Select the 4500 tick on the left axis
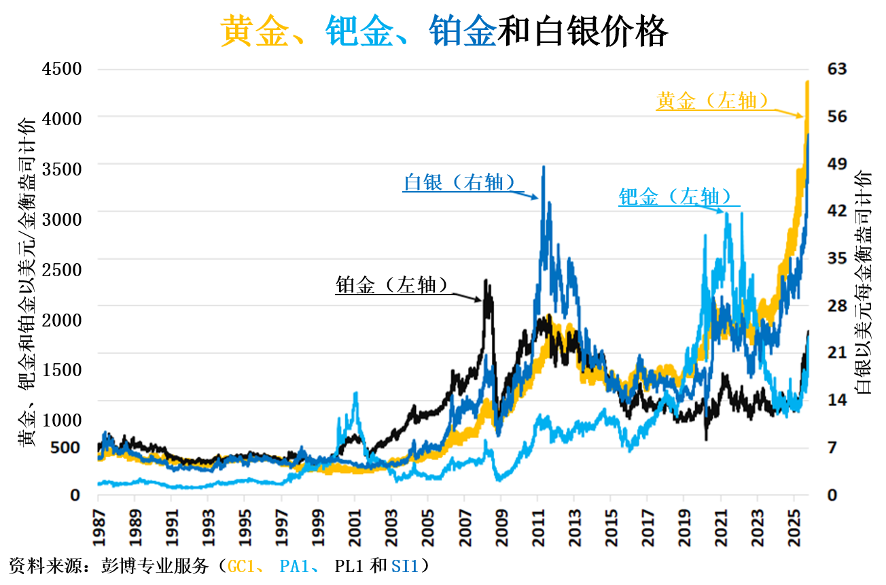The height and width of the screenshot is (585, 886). [x=62, y=69]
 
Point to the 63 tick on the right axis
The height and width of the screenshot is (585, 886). [x=837, y=68]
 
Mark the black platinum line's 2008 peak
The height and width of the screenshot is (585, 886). [x=485, y=280]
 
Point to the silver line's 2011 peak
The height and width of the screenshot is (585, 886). [x=543, y=167]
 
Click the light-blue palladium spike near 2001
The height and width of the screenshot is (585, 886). [x=355, y=394]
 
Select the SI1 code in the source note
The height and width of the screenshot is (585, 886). [x=406, y=566]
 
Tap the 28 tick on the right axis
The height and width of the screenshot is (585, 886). [x=837, y=305]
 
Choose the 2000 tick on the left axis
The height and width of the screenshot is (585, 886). [x=62, y=319]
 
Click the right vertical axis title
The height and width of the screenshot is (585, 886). [x=864, y=282]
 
